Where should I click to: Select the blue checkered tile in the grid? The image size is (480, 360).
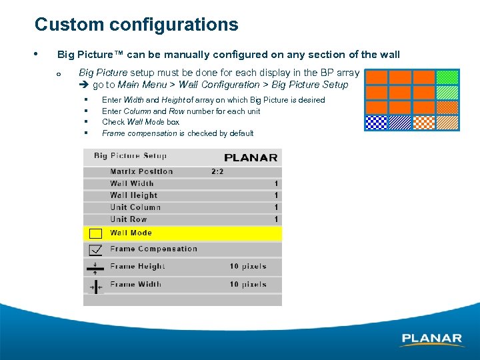point(376,122)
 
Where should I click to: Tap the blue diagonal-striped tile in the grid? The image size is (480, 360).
point(400,122)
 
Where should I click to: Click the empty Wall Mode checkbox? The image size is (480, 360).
point(95,233)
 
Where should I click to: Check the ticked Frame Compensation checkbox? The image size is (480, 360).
point(95,249)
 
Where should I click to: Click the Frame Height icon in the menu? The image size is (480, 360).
point(95,267)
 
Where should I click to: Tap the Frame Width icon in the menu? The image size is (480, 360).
point(95,285)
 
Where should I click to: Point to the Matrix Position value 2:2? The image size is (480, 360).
point(217,171)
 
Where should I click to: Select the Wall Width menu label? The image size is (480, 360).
point(132,183)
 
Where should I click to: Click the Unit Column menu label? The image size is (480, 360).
point(135,207)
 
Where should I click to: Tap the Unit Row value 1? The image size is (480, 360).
point(276,219)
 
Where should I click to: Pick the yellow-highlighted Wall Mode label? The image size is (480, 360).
point(131,233)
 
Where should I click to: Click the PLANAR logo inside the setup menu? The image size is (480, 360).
point(251,158)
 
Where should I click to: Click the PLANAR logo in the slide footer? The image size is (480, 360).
point(431,339)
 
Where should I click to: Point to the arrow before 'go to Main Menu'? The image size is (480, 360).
point(84,85)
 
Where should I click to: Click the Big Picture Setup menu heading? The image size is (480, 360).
point(130,156)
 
